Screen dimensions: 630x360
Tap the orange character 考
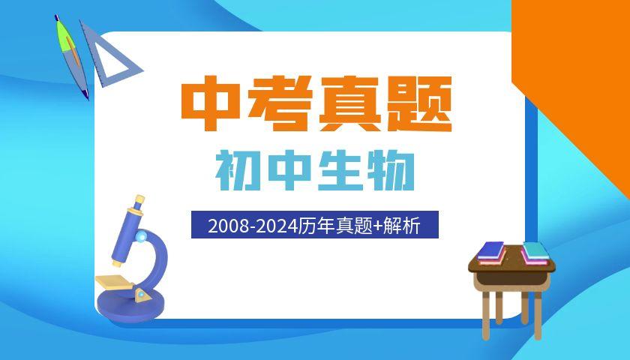280,103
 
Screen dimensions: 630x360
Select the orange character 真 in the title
349,103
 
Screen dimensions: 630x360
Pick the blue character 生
340,171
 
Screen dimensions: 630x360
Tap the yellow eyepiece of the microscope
139,200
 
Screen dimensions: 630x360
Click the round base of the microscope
131,307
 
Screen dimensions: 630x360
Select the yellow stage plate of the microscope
115,282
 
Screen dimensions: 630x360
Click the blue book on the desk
491,250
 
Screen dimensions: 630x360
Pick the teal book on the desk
536,250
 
